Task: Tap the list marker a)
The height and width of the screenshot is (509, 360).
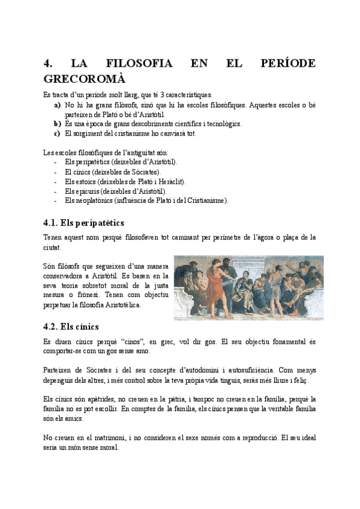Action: point(58,104)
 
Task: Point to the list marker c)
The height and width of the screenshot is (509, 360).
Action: point(57,133)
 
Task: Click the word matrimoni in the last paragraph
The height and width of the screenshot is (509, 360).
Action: point(109,438)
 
